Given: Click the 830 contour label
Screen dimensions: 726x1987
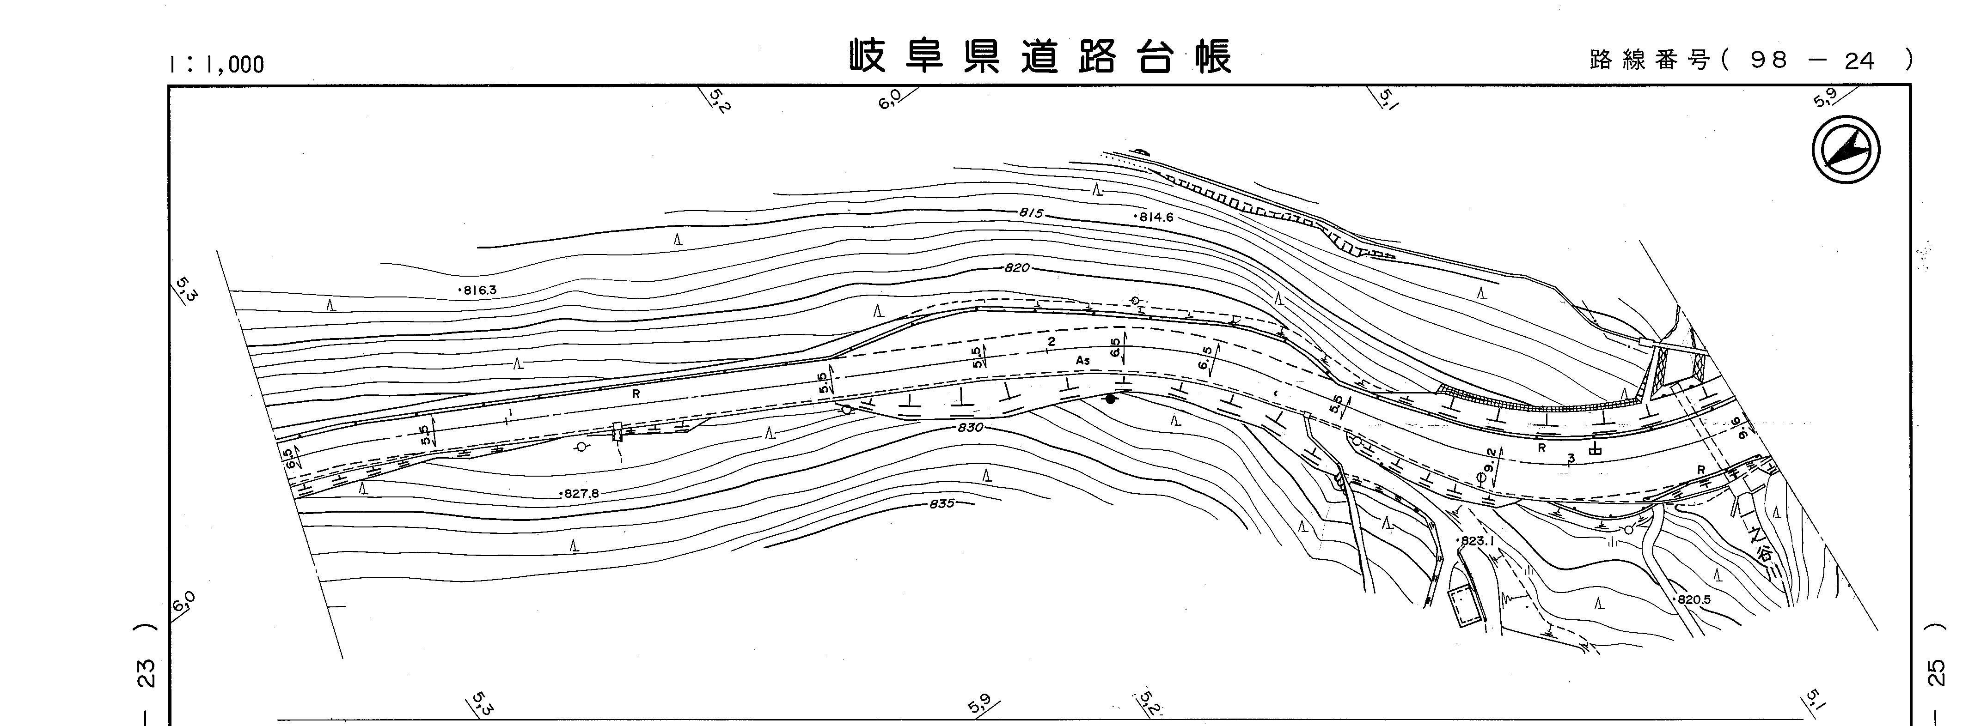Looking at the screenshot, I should coord(970,428).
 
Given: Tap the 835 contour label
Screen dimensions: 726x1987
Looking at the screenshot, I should coord(942,504).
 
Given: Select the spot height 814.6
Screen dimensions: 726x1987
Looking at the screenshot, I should coord(1155,218).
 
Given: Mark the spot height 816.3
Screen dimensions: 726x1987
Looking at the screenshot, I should coord(478,290).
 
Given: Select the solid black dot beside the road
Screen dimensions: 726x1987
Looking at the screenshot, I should coord(1110,399).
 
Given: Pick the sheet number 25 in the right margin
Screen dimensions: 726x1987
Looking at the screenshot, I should coord(1937,672).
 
